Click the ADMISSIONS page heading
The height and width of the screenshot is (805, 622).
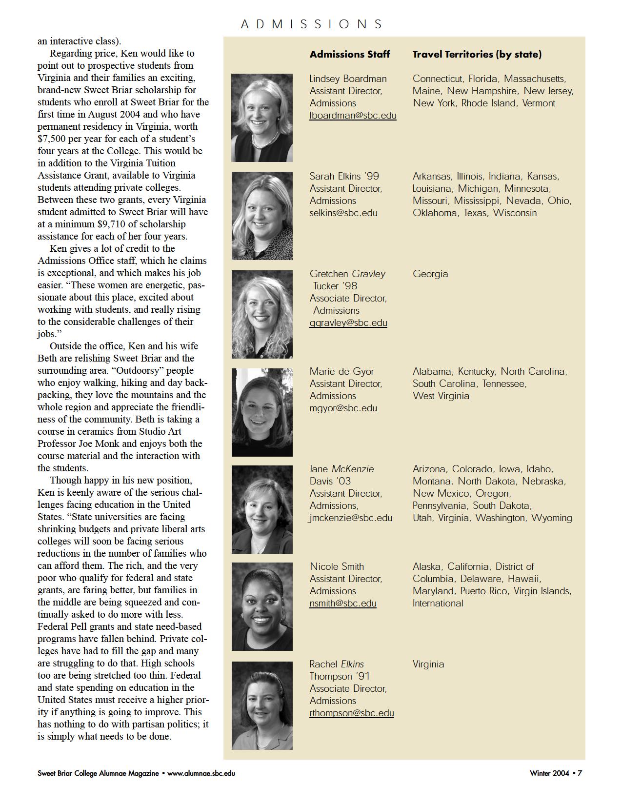(x=312, y=24)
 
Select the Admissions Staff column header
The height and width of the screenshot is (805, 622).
(x=350, y=54)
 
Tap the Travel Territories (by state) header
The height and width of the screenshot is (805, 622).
(x=477, y=54)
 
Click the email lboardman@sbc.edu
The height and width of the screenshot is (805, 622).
(x=353, y=116)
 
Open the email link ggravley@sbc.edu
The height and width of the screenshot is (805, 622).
(x=348, y=322)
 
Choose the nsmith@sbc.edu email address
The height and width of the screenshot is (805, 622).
(x=343, y=603)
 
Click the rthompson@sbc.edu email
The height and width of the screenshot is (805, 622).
(x=352, y=713)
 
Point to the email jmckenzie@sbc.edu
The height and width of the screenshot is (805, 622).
(x=351, y=518)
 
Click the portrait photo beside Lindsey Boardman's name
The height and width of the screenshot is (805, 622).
(x=262, y=118)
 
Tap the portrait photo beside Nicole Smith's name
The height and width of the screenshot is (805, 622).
(x=262, y=606)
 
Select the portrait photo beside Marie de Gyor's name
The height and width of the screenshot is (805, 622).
(x=262, y=412)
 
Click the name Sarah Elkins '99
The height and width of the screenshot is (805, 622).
(x=344, y=176)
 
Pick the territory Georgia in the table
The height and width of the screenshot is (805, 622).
(x=430, y=274)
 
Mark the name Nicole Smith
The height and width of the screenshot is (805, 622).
(x=337, y=566)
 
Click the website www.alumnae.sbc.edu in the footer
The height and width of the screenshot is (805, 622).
(x=201, y=773)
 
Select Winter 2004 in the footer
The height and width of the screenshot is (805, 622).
(x=549, y=773)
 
